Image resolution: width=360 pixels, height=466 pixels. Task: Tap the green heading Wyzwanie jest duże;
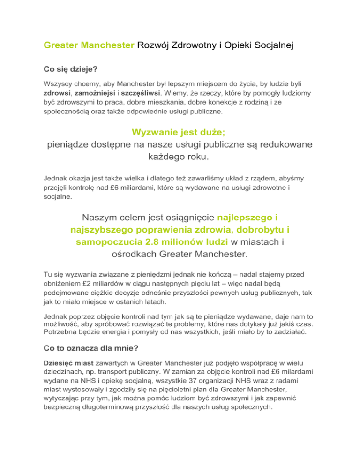point(180,133)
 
